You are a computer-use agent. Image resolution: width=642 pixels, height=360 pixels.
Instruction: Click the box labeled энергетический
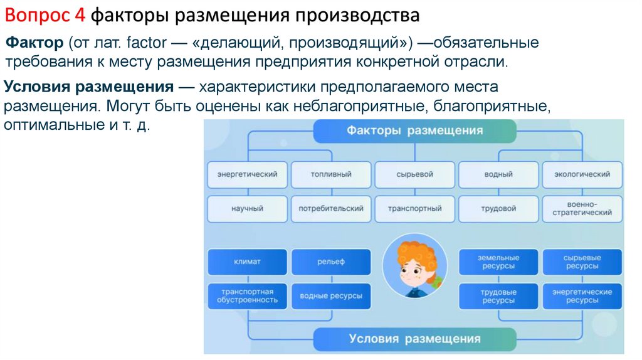pyautogui.click(x=247, y=174)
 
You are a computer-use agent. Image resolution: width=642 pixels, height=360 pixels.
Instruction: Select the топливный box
pyautogui.click(x=331, y=174)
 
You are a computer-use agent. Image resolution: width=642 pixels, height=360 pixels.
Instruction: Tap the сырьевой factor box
pyautogui.click(x=415, y=174)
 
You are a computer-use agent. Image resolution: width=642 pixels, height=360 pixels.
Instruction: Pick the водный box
pyautogui.click(x=498, y=174)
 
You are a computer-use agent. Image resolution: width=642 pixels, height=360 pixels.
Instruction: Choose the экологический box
pyautogui.click(x=582, y=174)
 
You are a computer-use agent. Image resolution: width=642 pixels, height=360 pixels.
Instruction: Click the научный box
pyautogui.click(x=247, y=209)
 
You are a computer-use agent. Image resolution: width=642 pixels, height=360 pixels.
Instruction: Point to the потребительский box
pyautogui.click(x=331, y=209)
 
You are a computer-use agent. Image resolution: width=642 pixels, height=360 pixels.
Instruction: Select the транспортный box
pyautogui.click(x=415, y=209)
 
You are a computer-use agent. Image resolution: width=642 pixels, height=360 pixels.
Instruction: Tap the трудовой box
pyautogui.click(x=498, y=209)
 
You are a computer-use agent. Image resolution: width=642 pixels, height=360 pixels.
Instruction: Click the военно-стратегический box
pyautogui.click(x=582, y=209)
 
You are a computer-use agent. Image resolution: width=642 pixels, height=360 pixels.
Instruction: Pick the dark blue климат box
pyautogui.click(x=247, y=262)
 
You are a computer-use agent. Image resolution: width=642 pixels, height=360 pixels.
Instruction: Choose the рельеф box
pyautogui.click(x=331, y=262)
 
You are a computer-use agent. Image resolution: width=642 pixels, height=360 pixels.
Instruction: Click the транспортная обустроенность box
pyautogui.click(x=247, y=296)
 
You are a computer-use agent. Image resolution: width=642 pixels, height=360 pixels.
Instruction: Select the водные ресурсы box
pyautogui.click(x=331, y=296)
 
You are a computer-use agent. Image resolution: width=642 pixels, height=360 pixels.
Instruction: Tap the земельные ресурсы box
pyautogui.click(x=498, y=262)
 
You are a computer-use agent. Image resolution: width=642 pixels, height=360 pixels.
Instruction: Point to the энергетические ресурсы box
pyautogui.click(x=582, y=296)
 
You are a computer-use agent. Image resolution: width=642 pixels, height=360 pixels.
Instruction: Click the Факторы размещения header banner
pyautogui.click(x=414, y=130)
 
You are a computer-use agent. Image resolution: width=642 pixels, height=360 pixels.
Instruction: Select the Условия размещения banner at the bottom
pyautogui.click(x=414, y=339)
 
